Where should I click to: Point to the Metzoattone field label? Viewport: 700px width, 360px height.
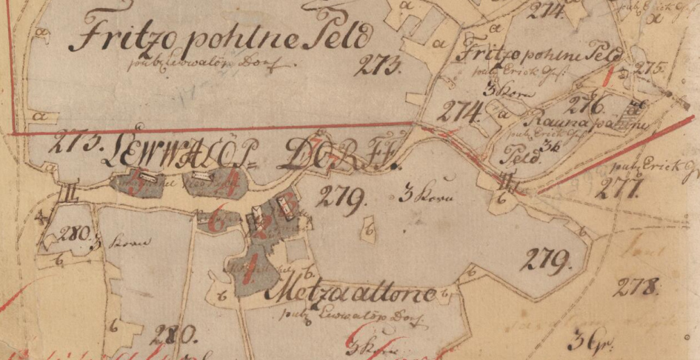pos(356,296)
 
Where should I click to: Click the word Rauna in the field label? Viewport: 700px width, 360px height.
pos(550,117)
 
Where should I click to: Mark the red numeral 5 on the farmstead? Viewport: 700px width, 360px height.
pos(135,184)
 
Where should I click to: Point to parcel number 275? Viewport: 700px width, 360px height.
pos(650,69)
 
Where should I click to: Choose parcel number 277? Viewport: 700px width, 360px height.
pos(618,189)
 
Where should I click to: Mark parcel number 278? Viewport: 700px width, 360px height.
pos(636,285)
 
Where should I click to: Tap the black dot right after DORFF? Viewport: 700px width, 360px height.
pos(393,164)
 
